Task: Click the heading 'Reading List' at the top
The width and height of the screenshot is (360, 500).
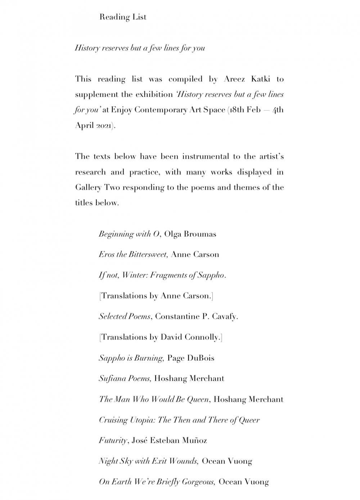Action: [123, 17]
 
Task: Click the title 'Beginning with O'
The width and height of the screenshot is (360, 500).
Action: [129, 234]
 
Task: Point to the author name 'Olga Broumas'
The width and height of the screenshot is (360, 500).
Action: [190, 234]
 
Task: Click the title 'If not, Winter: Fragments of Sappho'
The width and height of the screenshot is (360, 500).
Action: [162, 276]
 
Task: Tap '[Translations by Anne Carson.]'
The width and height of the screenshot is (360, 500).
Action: [156, 296]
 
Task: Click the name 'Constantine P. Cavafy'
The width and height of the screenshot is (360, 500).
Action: [196, 317]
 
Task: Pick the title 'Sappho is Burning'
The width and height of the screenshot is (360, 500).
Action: [131, 358]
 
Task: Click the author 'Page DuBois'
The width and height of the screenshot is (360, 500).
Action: [190, 358]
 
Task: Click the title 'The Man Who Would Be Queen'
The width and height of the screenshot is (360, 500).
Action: [154, 399]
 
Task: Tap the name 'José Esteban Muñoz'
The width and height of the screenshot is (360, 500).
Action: [169, 441]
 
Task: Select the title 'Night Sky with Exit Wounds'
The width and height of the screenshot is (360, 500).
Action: [148, 461]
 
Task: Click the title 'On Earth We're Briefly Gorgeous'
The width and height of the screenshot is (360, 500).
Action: [157, 482]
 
